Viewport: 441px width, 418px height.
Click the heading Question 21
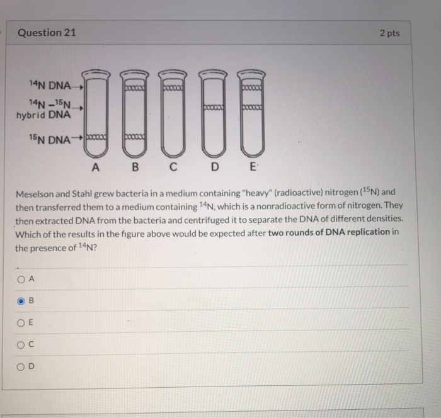(x=47, y=33)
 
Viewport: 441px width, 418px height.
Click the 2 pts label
(x=390, y=33)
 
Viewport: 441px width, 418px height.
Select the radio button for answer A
(x=21, y=280)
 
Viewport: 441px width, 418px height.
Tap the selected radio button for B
(x=21, y=302)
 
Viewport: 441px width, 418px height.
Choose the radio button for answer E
(x=21, y=323)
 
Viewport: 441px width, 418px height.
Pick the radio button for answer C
(x=21, y=345)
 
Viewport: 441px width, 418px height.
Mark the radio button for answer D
(x=21, y=367)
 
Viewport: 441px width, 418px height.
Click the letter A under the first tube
(x=96, y=167)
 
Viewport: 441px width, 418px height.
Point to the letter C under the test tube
(x=173, y=167)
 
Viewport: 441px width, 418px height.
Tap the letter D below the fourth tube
(x=215, y=167)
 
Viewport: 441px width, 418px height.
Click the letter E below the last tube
(x=253, y=167)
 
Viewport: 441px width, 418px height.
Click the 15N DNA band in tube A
(x=96, y=137)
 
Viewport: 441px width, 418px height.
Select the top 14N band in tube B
(x=135, y=88)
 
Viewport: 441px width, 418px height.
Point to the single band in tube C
(x=173, y=88)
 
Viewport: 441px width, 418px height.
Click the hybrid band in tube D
(x=214, y=108)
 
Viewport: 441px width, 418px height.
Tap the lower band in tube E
(x=252, y=108)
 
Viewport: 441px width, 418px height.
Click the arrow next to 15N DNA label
(x=77, y=138)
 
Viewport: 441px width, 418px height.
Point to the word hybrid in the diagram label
(x=31, y=115)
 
